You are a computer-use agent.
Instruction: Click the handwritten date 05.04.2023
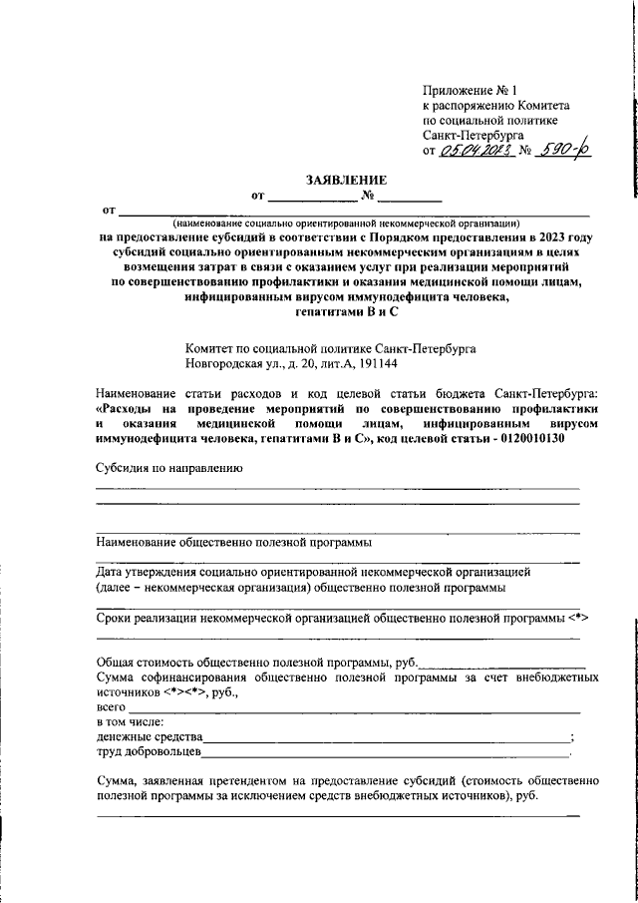[474, 151]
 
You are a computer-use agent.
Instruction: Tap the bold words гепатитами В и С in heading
[345, 312]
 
